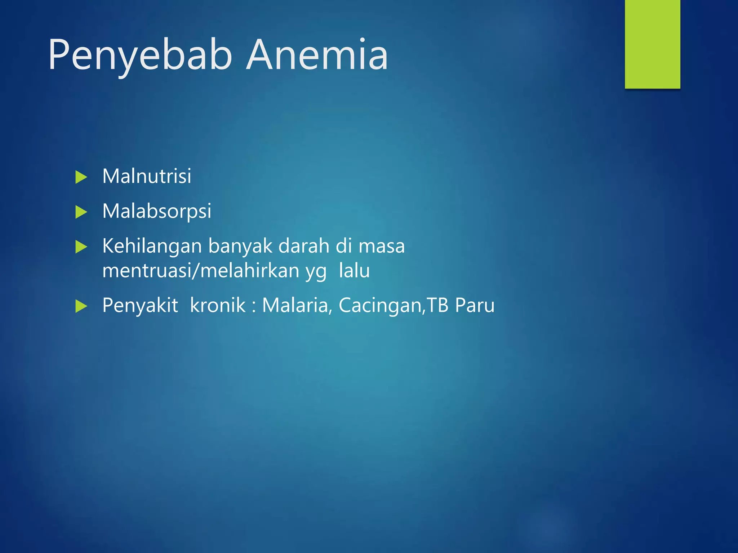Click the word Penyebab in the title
click(x=140, y=55)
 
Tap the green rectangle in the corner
click(x=652, y=44)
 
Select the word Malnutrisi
click(x=147, y=176)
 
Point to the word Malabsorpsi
click(x=157, y=211)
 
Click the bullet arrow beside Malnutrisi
click(x=81, y=177)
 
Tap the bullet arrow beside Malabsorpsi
click(x=81, y=212)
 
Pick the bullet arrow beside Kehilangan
click(x=81, y=247)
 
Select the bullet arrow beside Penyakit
click(x=81, y=306)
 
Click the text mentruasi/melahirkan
click(x=201, y=270)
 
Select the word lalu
click(x=354, y=270)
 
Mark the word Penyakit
click(x=140, y=305)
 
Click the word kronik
click(x=218, y=305)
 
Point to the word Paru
click(x=475, y=305)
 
